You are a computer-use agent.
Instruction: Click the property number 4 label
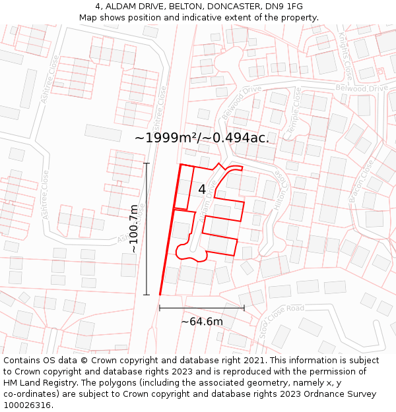202,190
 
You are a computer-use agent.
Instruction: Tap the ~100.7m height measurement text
134,229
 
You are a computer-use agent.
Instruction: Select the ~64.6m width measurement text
202,322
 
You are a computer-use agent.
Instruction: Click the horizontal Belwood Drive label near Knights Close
362,88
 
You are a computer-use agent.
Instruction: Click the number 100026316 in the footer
28,405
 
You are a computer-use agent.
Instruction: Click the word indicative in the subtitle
222,18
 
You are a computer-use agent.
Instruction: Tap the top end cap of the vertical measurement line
147,163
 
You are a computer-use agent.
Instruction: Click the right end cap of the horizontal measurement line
244,307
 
